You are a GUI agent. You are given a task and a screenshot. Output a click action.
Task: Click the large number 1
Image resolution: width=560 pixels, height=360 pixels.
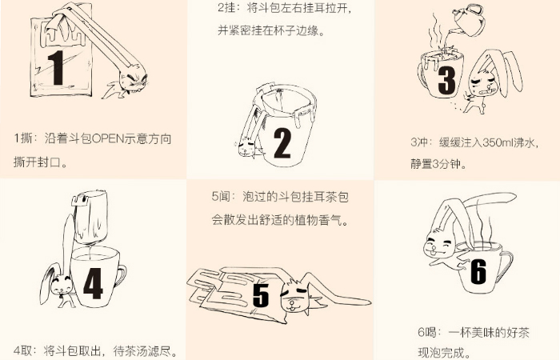[56, 67]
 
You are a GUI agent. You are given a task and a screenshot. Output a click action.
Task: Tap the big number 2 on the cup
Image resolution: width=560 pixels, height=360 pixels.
[282, 143]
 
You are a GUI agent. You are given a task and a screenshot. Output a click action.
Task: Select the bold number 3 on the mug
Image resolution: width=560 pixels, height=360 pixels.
[446, 81]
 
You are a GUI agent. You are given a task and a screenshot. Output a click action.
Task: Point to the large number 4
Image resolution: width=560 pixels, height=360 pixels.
[94, 283]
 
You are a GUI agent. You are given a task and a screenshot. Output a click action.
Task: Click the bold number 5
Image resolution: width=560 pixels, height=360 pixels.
[261, 295]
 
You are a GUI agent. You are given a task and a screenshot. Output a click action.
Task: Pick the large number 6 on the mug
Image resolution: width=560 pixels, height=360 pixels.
[478, 271]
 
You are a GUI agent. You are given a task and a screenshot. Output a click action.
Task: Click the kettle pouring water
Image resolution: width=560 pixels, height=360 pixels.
[468, 20]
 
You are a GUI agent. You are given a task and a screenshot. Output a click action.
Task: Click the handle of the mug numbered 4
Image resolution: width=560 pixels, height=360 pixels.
[121, 276]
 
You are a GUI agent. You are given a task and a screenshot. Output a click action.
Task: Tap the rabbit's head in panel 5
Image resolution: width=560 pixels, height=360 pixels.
[294, 297]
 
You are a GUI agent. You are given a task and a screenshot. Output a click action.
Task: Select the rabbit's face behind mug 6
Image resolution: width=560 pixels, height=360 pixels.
[438, 245]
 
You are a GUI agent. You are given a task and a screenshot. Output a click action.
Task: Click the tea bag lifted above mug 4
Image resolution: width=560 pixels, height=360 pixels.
[90, 216]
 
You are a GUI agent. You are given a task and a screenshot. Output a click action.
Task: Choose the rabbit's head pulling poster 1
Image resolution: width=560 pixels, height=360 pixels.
[133, 81]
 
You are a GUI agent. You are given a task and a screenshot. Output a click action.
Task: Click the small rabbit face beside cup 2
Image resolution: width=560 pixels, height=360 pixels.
[246, 147]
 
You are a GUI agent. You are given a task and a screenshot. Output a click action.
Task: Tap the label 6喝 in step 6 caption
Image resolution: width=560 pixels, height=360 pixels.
[427, 332]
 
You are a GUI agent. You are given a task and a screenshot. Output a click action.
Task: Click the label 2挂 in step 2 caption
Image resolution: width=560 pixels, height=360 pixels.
[226, 7]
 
